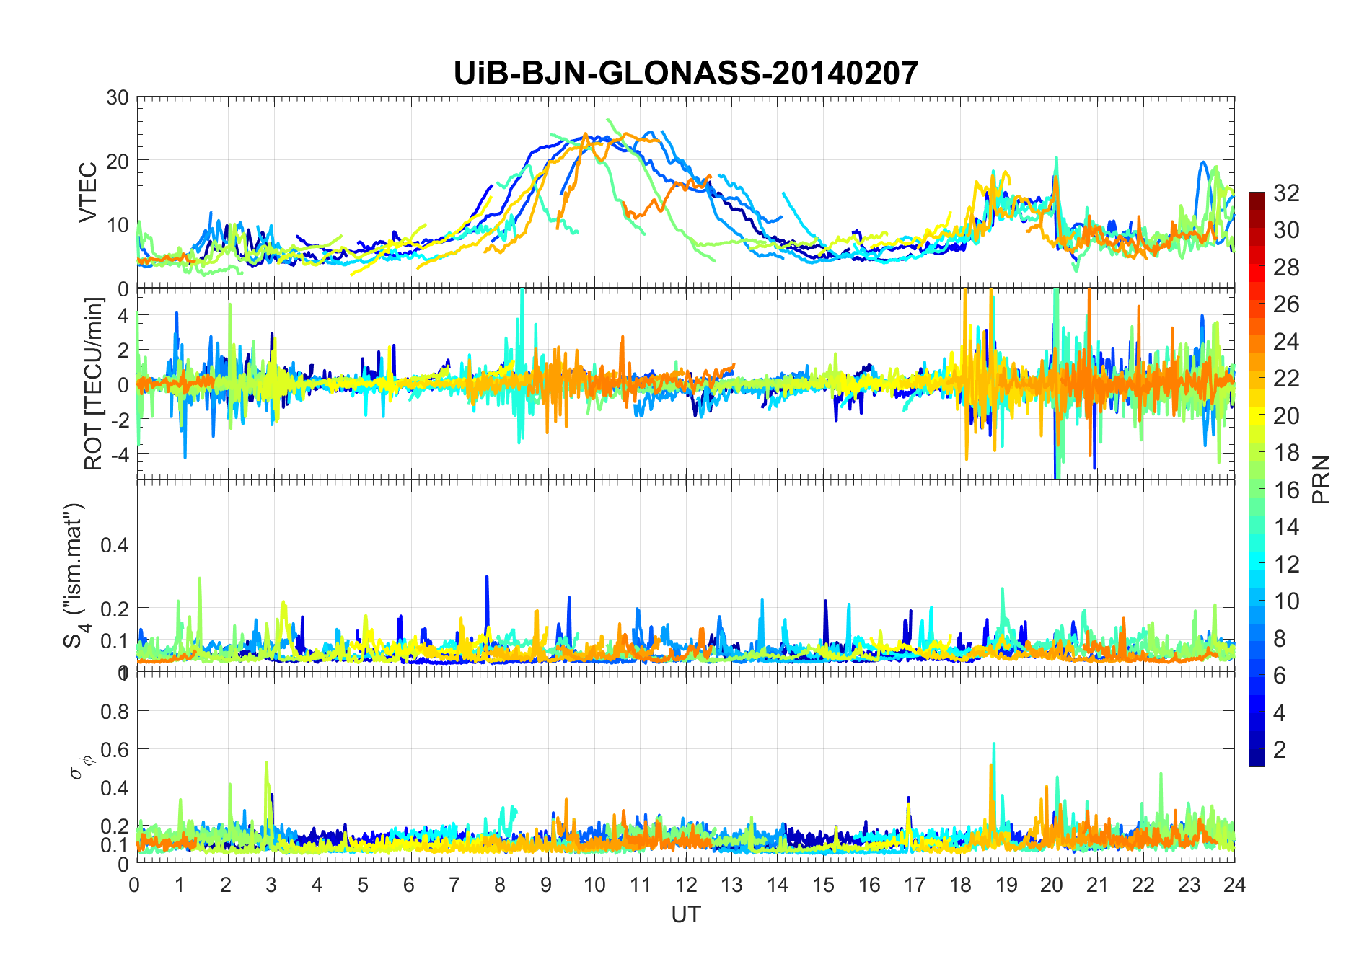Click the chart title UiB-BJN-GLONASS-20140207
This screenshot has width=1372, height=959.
pyautogui.click(x=685, y=74)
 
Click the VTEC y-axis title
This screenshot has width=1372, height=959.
pyautogui.click(x=88, y=193)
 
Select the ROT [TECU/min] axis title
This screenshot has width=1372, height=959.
pyautogui.click(x=94, y=384)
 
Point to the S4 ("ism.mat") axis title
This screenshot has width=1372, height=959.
pyautogui.click(x=75, y=575)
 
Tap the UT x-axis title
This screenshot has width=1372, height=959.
pyautogui.click(x=685, y=914)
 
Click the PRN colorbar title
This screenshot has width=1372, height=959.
pyautogui.click(x=1322, y=479)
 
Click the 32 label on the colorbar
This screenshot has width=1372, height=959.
pyautogui.click(x=1286, y=193)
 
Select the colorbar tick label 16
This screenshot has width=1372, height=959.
pyautogui.click(x=1286, y=490)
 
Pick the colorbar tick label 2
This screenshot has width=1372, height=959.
pyautogui.click(x=1280, y=750)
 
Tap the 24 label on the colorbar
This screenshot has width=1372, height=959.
pyautogui.click(x=1286, y=341)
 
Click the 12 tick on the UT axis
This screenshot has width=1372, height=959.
pyautogui.click(x=686, y=885)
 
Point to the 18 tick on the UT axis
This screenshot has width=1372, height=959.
pyautogui.click(x=960, y=885)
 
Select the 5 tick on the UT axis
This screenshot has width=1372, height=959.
pyautogui.click(x=363, y=885)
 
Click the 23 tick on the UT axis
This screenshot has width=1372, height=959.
pyautogui.click(x=1189, y=885)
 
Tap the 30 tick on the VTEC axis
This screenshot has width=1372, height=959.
pyautogui.click(x=118, y=97)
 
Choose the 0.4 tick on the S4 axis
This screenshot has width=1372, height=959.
pyautogui.click(x=115, y=544)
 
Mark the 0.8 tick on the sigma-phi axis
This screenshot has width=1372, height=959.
pyautogui.click(x=115, y=712)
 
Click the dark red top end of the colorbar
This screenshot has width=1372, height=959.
pyautogui.click(x=1257, y=196)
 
